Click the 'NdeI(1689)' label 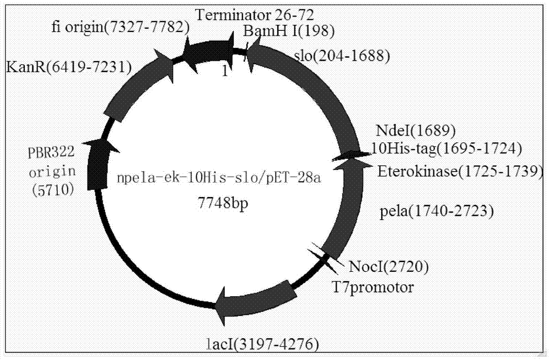(x=416, y=132)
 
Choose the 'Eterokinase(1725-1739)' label (x=460, y=172)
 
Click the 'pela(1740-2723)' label (x=437, y=210)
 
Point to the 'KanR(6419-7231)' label (x=69, y=67)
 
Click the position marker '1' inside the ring (x=224, y=71)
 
